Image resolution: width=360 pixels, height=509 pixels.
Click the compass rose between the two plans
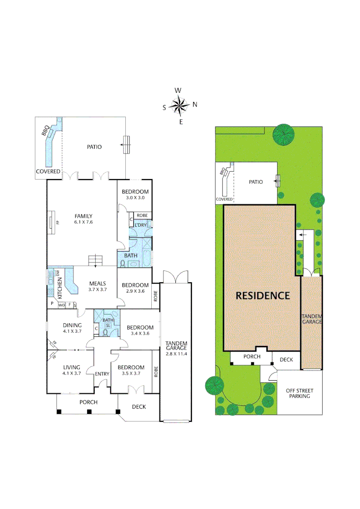point(180,106)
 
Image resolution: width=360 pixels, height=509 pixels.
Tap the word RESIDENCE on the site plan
point(262,296)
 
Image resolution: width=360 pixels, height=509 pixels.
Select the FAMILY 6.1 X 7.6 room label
point(83,219)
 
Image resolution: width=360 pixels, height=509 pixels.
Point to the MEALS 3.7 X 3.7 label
point(98,287)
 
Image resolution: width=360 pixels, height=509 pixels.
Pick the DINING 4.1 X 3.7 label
point(73,328)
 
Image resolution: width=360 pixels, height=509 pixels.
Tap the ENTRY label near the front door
point(102,374)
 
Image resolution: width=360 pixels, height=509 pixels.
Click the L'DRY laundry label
point(141,225)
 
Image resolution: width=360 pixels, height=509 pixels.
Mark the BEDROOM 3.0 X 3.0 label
point(135,195)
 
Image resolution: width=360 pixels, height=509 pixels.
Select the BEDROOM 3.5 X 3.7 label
point(131,370)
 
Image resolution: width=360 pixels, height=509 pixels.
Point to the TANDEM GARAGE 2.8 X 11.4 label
point(177,348)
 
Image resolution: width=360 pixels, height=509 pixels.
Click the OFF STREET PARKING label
point(299,394)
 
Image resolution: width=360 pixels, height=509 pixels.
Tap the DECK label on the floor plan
point(139,407)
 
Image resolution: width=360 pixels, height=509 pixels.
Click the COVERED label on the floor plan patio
point(49,172)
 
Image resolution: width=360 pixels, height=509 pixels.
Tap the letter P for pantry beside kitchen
point(52,304)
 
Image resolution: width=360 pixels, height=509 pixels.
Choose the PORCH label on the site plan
point(252,357)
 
